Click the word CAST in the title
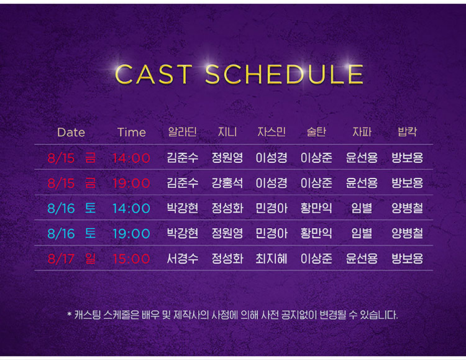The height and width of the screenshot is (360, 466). click(153, 74)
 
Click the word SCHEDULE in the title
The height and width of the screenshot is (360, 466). click(284, 74)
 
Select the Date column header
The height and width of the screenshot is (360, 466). click(71, 132)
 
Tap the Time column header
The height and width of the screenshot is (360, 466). click(132, 132)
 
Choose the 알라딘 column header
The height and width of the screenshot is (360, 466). click(183, 132)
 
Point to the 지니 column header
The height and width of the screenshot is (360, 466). click(227, 132)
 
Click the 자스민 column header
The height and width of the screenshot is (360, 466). click(272, 132)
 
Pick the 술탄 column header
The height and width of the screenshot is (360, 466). click(316, 132)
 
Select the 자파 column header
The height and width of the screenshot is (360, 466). click(362, 132)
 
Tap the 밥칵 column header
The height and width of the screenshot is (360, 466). click(407, 132)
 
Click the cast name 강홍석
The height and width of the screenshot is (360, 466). click(227, 183)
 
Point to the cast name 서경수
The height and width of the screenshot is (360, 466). click(183, 259)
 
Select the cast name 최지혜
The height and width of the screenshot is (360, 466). click(272, 259)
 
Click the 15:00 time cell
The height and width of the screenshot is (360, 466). click(131, 259)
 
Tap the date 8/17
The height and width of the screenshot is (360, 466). click(61, 259)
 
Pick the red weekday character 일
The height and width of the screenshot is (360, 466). click(90, 258)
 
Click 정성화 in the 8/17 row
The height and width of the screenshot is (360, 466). click(227, 259)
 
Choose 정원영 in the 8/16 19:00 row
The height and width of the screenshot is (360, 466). click(227, 233)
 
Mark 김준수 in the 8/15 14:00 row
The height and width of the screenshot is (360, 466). click(183, 158)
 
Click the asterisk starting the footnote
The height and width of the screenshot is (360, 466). click(69, 314)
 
